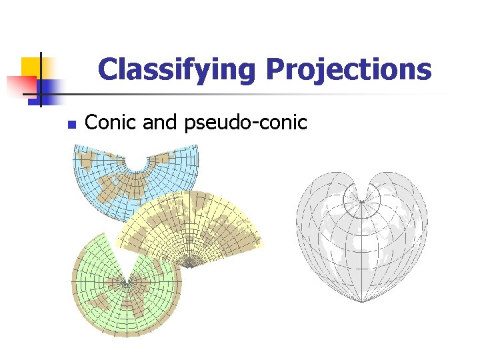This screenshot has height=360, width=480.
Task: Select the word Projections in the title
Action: (x=349, y=69)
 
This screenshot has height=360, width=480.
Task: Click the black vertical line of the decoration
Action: (x=40, y=79)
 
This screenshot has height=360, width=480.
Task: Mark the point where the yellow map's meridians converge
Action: (x=191, y=267)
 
